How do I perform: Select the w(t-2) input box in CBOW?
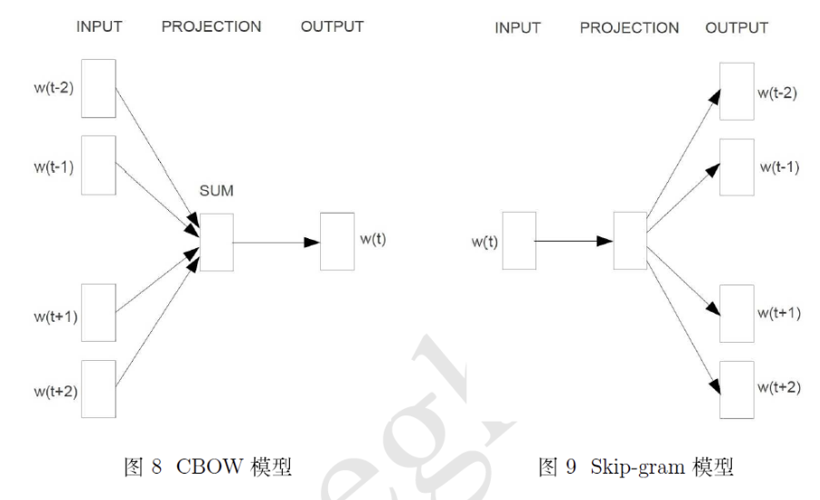point(98,88)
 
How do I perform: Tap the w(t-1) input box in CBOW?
point(98,165)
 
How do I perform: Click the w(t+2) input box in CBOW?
point(98,387)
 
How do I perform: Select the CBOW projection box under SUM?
point(215,243)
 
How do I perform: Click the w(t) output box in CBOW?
point(337,242)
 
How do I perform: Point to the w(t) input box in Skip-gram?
point(519,241)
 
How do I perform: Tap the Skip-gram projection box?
point(631,241)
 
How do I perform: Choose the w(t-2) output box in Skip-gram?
point(736,91)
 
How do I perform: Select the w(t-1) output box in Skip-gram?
point(736,167)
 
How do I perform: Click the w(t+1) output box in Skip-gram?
point(736,314)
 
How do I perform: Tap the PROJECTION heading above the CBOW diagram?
point(210,26)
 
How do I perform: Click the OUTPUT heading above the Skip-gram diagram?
point(736,28)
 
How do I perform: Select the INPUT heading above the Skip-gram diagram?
point(518,28)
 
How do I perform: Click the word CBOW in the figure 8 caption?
point(208,469)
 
